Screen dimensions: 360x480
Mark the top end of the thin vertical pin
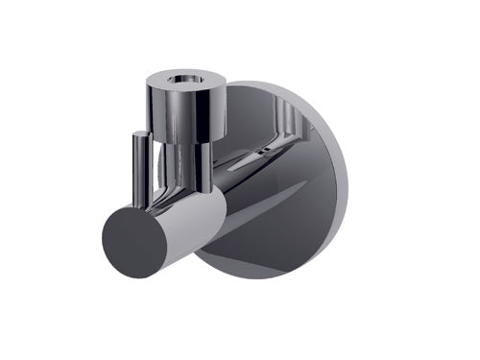point(140,133)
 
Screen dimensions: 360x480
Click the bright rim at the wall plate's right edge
point(331,182)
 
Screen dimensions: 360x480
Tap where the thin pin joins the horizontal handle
point(142,201)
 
